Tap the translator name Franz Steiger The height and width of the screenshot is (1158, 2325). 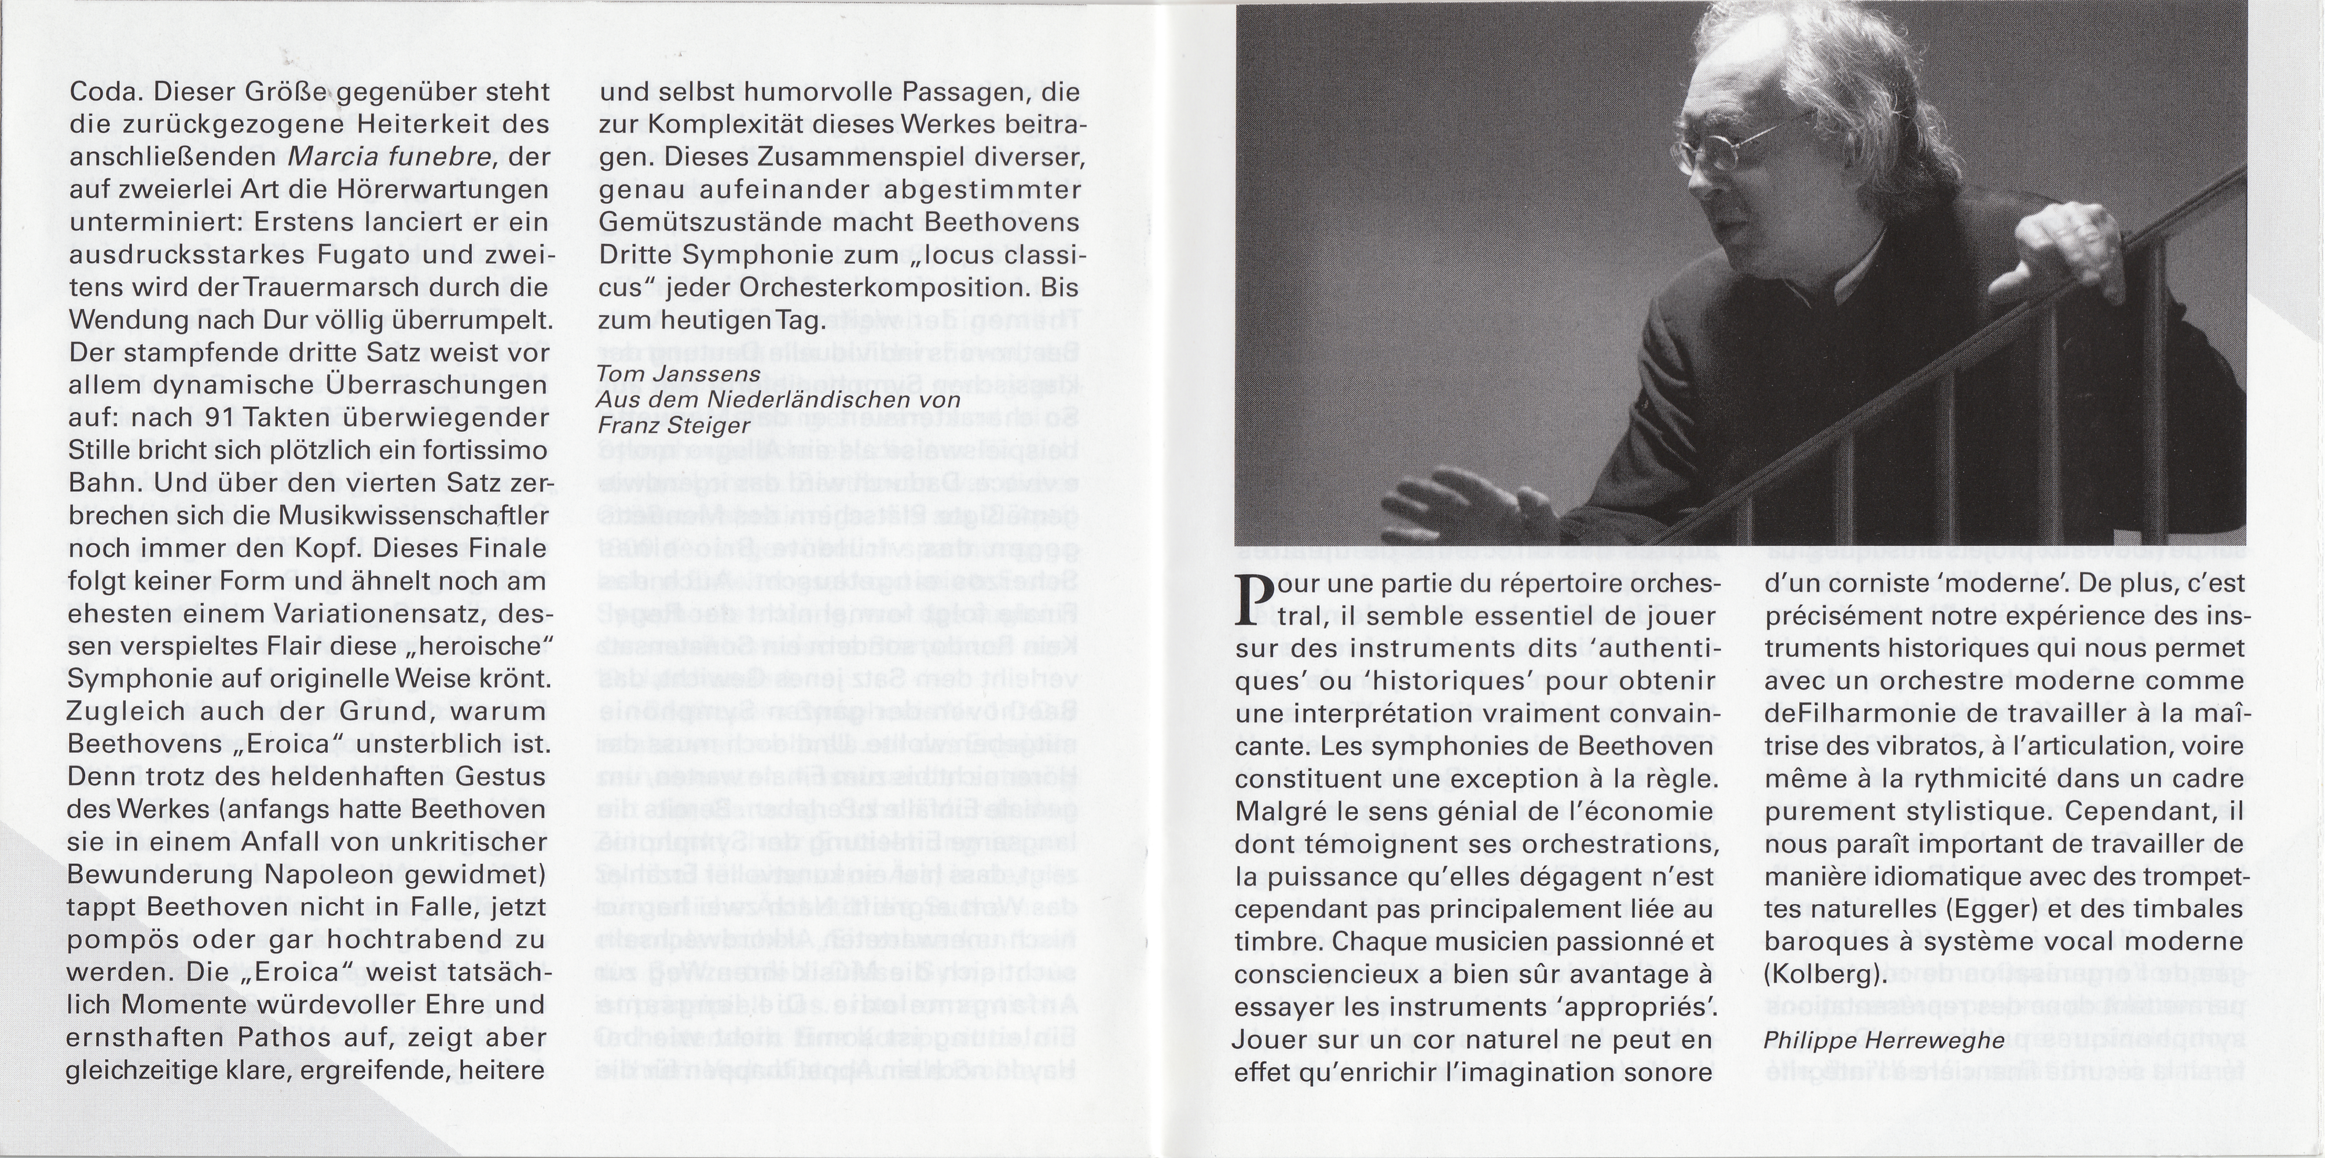(662, 424)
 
